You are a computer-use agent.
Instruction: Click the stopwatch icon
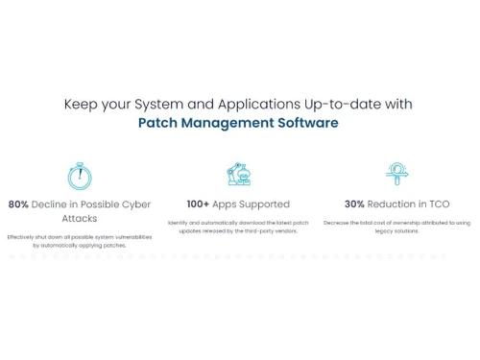[80, 176]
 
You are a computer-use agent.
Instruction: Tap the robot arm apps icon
[237, 176]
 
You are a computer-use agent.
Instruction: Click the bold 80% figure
[18, 204]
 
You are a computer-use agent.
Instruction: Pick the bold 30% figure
[355, 204]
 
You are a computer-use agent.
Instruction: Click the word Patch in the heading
[160, 123]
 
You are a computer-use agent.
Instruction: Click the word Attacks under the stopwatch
[79, 219]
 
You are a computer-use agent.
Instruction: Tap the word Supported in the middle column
[261, 204]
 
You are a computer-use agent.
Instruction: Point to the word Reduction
[391, 204]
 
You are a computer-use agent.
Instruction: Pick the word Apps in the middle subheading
[227, 204]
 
